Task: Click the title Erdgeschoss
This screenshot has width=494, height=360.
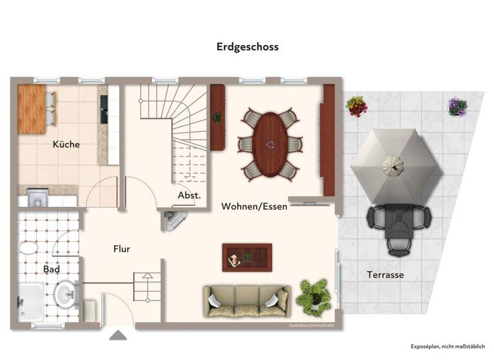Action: (248, 47)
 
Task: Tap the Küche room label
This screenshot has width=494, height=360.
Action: (66, 144)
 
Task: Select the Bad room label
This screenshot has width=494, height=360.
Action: (51, 269)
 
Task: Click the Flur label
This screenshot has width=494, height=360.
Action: (122, 248)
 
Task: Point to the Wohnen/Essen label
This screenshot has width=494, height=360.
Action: (254, 206)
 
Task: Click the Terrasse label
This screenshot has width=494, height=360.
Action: (385, 274)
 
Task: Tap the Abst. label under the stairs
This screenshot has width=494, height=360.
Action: (190, 195)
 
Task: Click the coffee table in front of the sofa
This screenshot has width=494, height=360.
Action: (247, 257)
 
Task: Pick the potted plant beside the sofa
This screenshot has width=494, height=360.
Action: (314, 296)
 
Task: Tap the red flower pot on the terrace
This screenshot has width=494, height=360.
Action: (356, 106)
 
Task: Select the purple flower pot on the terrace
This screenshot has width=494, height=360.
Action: (457, 107)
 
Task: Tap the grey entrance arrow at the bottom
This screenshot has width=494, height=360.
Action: (118, 335)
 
